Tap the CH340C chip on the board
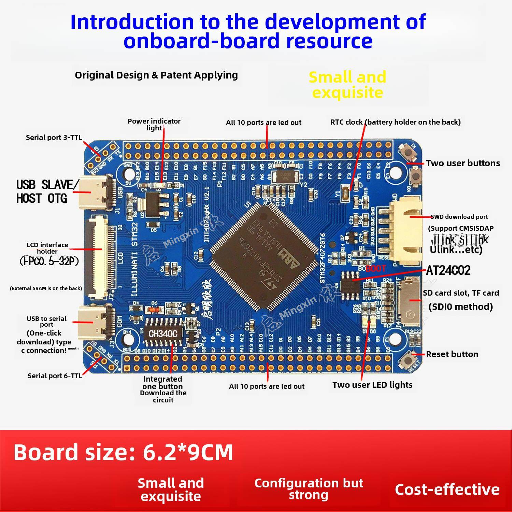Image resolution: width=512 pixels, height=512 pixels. click(163, 333)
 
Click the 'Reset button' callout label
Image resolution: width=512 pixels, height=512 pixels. click(452, 354)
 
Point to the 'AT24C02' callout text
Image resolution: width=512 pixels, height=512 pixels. click(448, 271)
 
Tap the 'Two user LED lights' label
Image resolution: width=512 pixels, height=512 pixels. click(372, 385)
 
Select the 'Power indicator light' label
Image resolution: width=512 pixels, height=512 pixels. click(154, 124)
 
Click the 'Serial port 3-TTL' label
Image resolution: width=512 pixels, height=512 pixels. click(54, 138)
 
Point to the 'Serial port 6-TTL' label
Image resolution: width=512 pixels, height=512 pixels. click(55, 376)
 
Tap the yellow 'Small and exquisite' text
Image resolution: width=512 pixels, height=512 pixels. click(347, 85)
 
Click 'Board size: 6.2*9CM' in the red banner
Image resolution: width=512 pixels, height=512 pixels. click(123, 452)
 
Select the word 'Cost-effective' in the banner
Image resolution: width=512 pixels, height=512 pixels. click(447, 489)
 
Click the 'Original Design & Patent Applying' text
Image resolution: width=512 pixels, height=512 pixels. click(156, 75)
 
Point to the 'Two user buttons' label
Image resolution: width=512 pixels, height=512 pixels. click(463, 163)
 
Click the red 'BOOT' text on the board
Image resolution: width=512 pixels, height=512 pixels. click(376, 268)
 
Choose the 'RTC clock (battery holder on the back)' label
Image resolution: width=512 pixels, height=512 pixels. click(395, 122)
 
